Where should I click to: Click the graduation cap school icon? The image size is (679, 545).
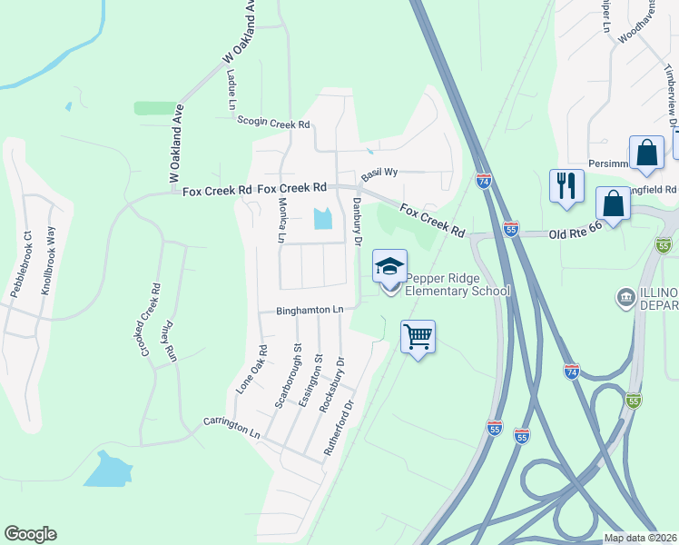click(389, 266)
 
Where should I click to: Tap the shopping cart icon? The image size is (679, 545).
click(418, 337)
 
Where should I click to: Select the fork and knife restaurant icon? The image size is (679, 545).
click(566, 186)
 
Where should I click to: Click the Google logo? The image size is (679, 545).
click(30, 534)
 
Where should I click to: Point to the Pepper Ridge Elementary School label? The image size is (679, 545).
click(458, 284)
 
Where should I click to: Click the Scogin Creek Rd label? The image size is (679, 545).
click(273, 123)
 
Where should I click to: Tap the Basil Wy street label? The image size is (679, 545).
click(379, 172)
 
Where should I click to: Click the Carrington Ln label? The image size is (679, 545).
click(231, 428)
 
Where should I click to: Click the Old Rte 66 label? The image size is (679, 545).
click(576, 234)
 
